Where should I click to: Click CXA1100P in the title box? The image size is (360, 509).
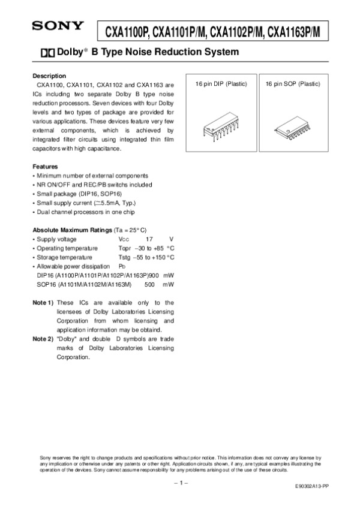(126, 31)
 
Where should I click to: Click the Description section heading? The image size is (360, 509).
(49, 76)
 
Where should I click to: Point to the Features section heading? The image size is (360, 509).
(45, 166)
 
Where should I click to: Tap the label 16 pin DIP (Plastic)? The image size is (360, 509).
(221, 84)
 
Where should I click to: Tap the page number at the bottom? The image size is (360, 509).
(181, 482)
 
